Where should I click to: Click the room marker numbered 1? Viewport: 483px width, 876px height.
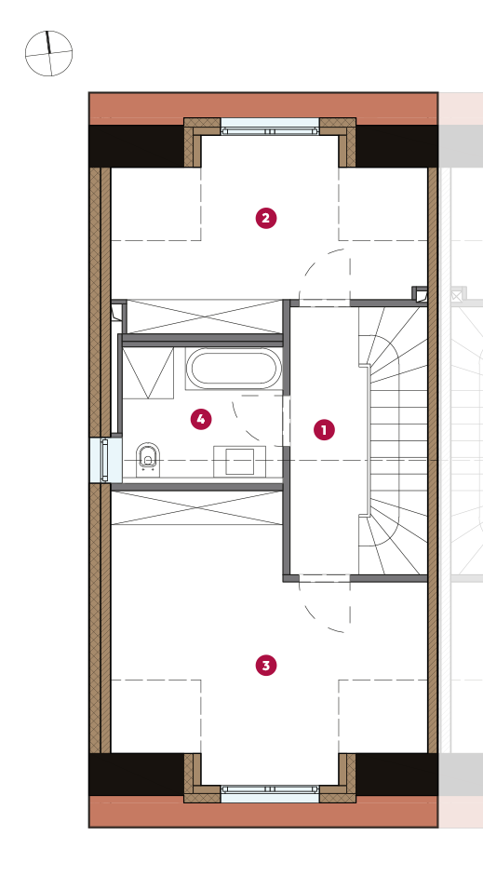tap(324, 430)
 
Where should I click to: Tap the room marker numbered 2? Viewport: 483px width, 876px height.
tap(266, 218)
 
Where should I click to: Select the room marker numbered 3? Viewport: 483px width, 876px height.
tap(266, 666)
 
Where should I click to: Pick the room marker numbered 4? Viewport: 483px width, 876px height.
tap(201, 419)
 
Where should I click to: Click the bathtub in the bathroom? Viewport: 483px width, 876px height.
tap(234, 368)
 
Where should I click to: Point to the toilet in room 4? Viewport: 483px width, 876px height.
tap(148, 459)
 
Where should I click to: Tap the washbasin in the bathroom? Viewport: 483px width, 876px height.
tap(239, 462)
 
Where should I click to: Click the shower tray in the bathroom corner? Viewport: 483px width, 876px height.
tap(148, 372)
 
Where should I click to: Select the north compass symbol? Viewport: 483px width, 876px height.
tap(49, 53)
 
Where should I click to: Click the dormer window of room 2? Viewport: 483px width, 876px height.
tap(270, 128)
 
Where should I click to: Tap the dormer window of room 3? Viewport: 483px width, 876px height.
tap(270, 793)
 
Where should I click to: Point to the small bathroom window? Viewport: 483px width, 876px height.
tap(105, 461)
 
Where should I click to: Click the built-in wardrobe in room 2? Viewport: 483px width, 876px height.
tap(205, 317)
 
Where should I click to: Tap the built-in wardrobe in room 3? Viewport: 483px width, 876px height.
tap(196, 508)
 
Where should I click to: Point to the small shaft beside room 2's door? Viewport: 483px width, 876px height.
tap(420, 294)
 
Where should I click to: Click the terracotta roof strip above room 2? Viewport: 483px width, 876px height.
tap(263, 106)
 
